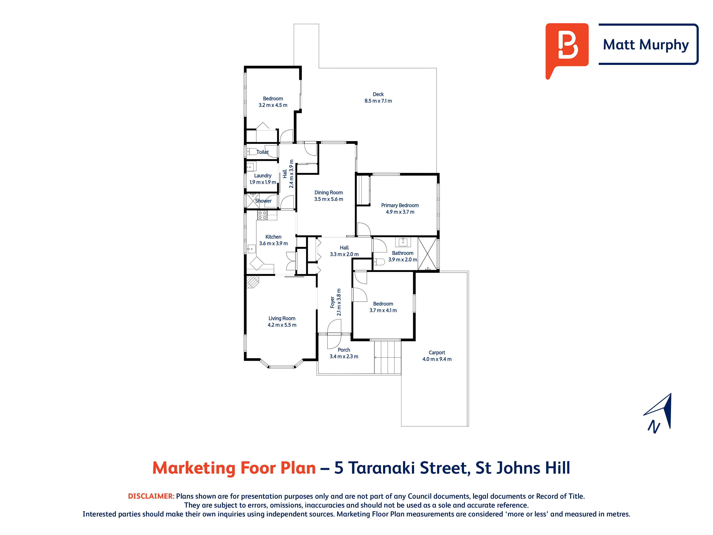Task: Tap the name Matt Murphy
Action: click(646, 45)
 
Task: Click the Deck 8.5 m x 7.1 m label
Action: click(378, 97)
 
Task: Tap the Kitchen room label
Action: click(273, 240)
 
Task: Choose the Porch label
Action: click(344, 353)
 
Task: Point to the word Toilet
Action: click(262, 152)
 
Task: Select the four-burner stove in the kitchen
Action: click(262, 215)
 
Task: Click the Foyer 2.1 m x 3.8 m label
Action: click(335, 302)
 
